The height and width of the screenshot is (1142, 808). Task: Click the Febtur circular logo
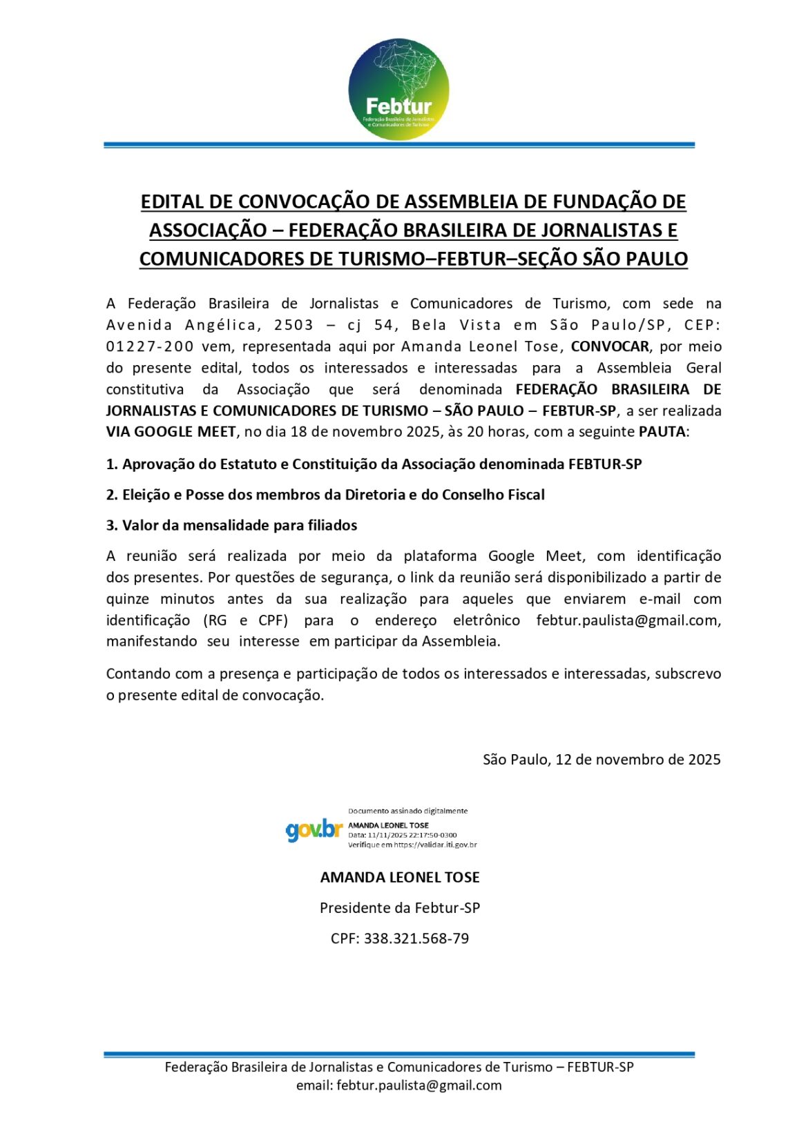(398, 89)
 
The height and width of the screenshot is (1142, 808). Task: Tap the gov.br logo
(314, 829)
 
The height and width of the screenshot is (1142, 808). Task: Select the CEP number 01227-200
(150, 346)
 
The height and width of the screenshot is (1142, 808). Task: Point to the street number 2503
(294, 325)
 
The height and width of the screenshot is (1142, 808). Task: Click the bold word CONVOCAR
(610, 346)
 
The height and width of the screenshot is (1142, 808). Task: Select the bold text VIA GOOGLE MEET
(171, 432)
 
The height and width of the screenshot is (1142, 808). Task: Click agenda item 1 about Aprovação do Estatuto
(374, 464)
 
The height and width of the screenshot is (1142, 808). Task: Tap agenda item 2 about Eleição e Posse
(325, 495)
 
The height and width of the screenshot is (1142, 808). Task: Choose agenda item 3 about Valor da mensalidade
(231, 525)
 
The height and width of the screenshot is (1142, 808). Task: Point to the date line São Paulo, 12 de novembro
(602, 760)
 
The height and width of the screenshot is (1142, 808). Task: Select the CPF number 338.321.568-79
(416, 938)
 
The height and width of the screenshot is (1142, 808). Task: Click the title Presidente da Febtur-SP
(399, 908)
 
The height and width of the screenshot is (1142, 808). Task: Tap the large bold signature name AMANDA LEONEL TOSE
(399, 878)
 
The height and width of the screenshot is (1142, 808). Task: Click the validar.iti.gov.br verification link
(435, 845)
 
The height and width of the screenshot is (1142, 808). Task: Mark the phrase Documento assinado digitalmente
(407, 811)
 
